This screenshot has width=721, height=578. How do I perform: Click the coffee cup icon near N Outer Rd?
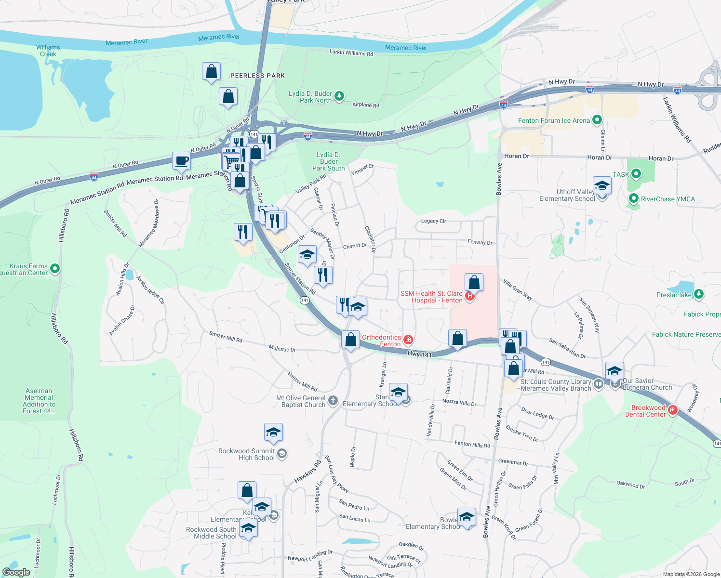pos(181,161)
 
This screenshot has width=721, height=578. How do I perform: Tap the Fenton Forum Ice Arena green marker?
pos(597,120)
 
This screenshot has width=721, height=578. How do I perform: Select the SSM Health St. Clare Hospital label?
pos(431,297)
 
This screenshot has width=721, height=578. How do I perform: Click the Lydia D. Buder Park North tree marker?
pos(339,96)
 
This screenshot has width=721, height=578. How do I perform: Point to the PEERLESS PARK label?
pos(257,76)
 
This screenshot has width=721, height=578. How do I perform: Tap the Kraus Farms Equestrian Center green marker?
pos(55,268)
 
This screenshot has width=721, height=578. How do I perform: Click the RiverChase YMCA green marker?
pos(633,198)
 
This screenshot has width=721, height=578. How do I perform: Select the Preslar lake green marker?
pos(699,294)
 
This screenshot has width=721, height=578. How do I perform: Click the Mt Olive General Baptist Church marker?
pos(333,400)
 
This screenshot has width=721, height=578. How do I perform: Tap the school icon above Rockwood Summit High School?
pos(273,432)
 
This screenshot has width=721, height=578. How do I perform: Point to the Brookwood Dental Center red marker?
pos(673,410)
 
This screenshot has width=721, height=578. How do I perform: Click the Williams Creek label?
pos(48,51)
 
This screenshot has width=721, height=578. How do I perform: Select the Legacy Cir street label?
pos(433,221)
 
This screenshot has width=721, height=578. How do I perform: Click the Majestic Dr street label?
pos(282,349)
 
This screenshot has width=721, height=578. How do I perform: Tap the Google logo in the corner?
pos(16,572)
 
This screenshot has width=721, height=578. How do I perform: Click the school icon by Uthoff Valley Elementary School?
pos(602,185)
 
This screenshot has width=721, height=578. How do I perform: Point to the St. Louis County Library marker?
pos(599,384)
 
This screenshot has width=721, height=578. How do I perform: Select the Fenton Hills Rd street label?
pos(472,444)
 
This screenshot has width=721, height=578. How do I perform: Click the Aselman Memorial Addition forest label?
pos(39,401)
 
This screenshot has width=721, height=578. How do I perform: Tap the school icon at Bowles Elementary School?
pos(467,517)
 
